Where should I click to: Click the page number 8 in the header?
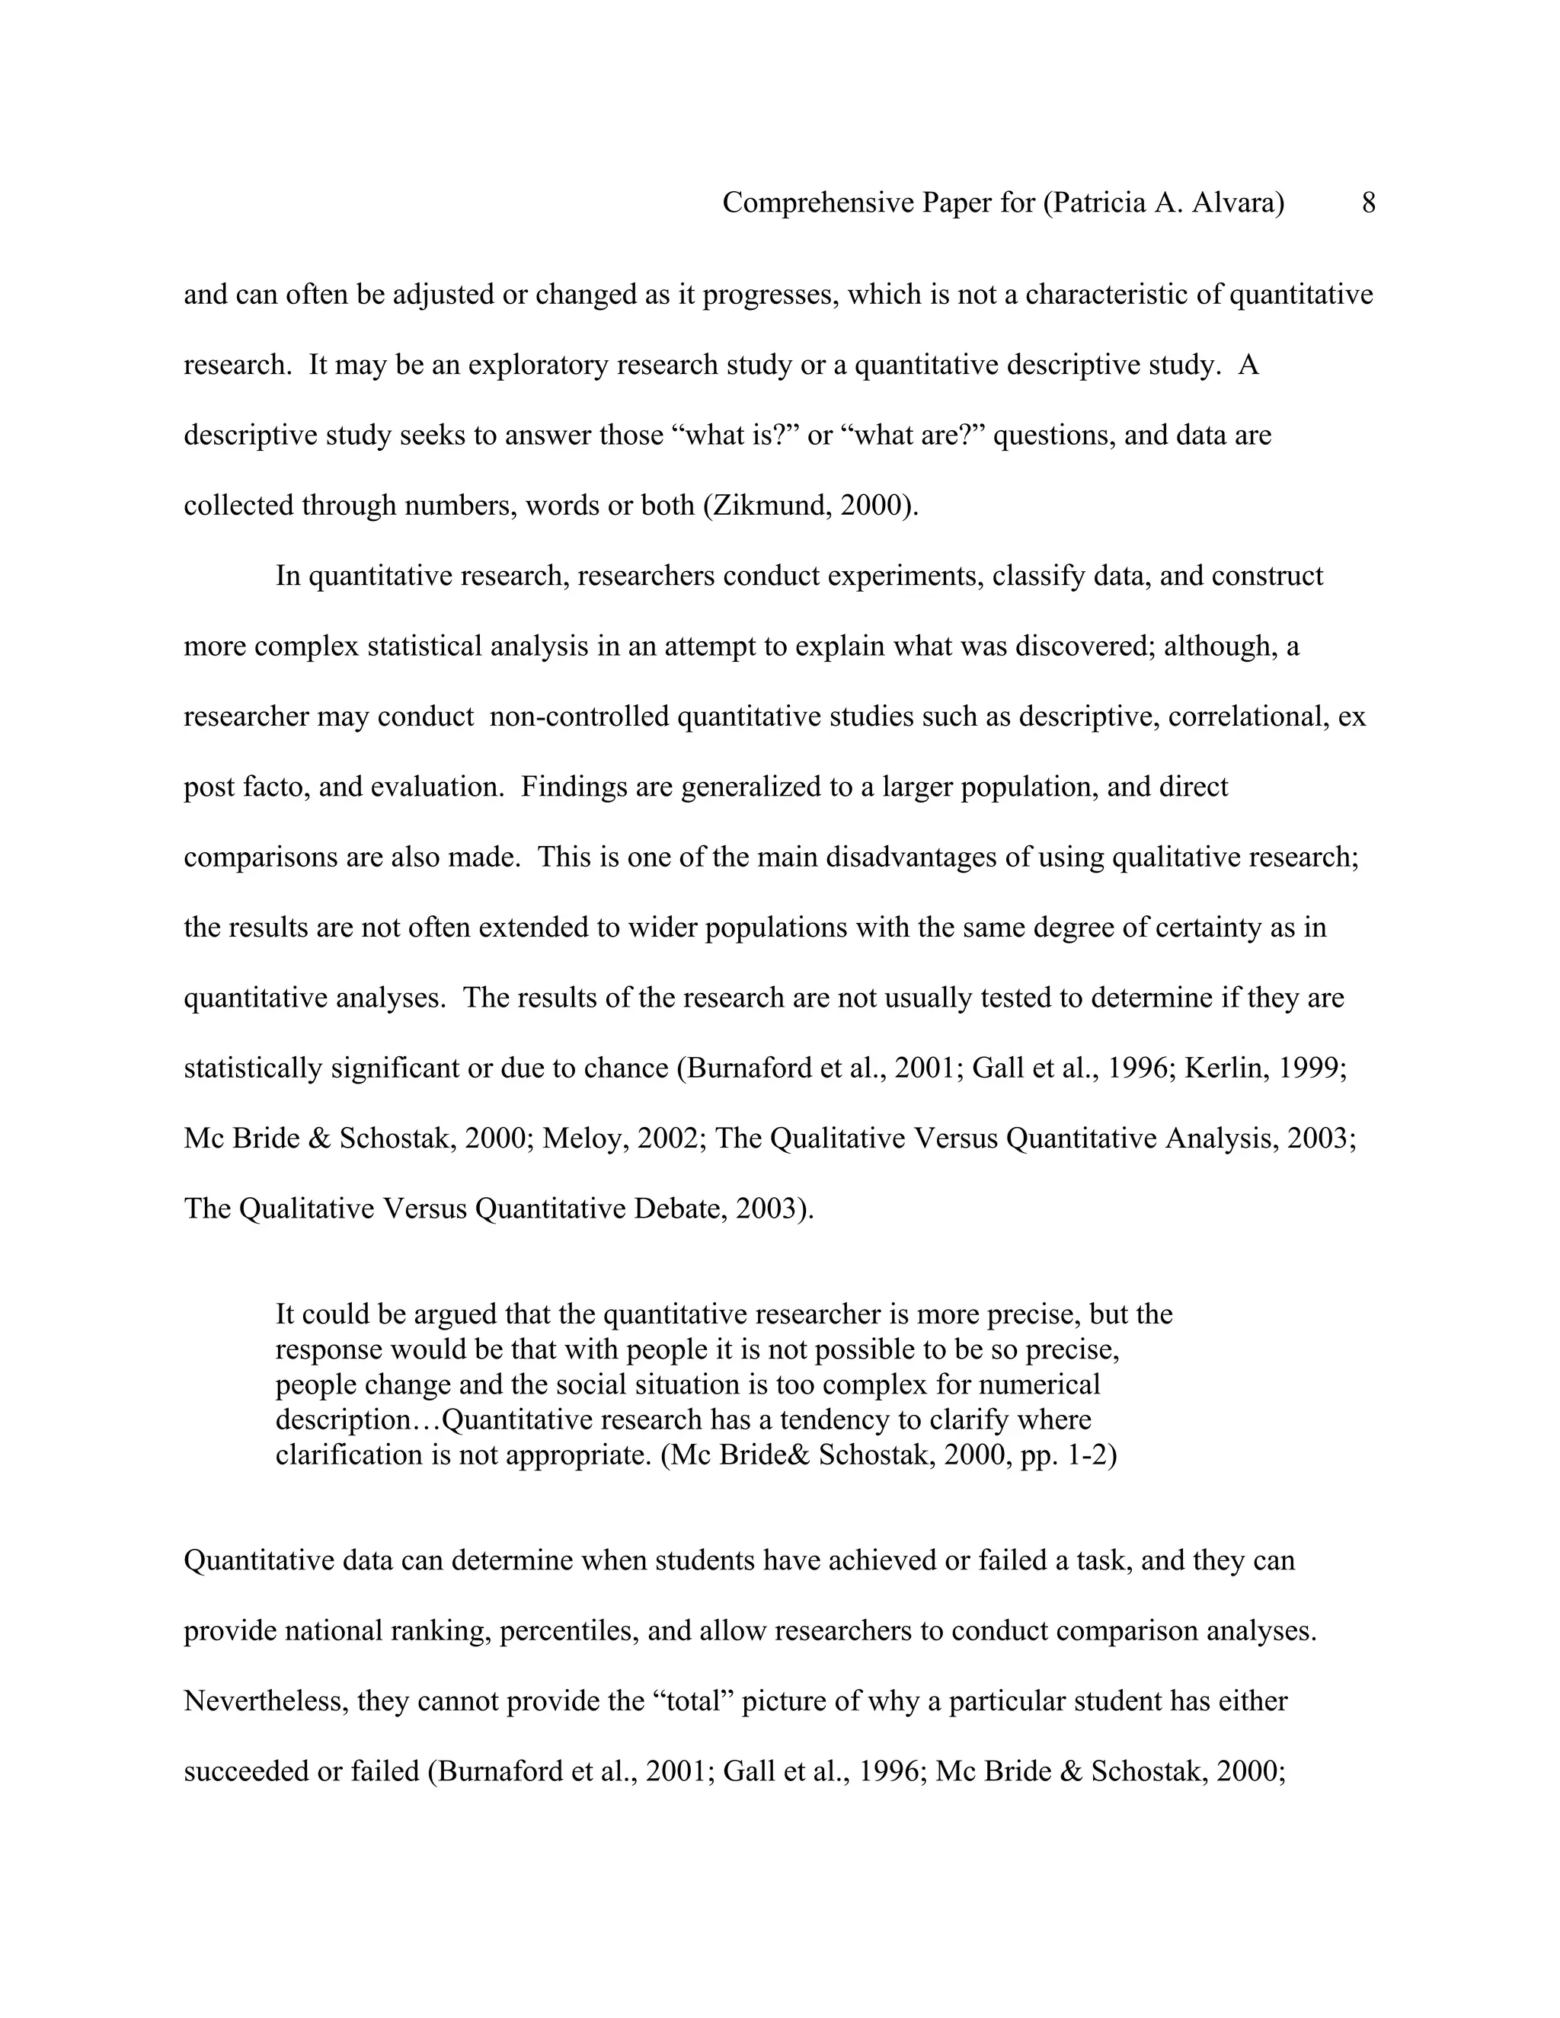1368,203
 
